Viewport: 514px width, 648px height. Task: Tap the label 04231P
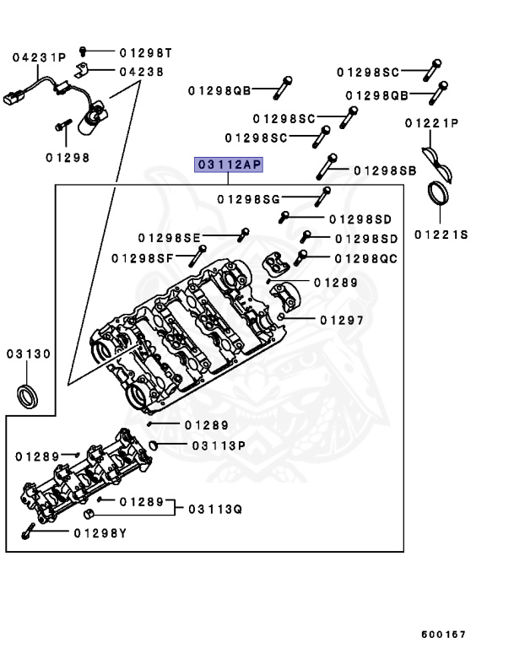(x=38, y=57)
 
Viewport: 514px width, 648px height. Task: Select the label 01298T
(x=145, y=52)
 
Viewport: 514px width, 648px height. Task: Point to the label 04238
(x=141, y=72)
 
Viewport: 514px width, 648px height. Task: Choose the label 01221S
(x=441, y=235)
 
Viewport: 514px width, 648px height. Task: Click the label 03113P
(x=218, y=445)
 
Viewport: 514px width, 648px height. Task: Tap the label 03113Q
(x=215, y=509)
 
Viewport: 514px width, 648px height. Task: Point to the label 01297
(x=341, y=320)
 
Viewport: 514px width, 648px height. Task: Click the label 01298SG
(x=247, y=199)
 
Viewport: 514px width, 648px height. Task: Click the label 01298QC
(x=365, y=257)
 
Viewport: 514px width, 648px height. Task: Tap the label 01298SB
(x=385, y=170)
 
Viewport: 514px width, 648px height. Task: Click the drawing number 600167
(x=444, y=634)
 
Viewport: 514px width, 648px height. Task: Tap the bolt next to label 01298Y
(x=29, y=532)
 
